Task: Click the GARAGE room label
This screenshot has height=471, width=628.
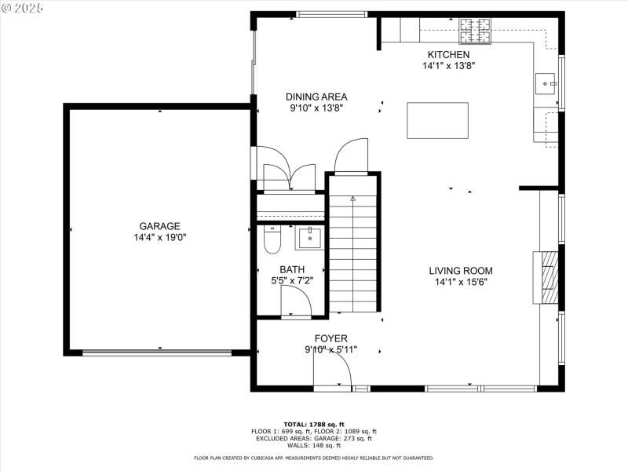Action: coord(160,226)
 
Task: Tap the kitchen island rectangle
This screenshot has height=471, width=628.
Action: coord(437,120)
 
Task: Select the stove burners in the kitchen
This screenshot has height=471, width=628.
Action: coord(476,31)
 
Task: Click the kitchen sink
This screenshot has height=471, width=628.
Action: coord(546,82)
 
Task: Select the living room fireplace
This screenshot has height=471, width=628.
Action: coord(548,276)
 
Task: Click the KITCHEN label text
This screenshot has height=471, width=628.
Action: coord(448,54)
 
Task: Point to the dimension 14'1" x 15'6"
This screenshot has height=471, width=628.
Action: coord(460,283)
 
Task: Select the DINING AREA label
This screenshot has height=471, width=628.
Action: coord(316,97)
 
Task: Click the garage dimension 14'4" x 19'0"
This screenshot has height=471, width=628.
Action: coord(160,237)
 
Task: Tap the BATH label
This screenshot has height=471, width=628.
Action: coord(291,268)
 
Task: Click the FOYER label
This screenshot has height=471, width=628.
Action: coord(330,338)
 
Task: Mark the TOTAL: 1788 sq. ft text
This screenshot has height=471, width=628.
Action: coord(313,424)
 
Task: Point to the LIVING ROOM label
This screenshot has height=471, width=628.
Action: coord(460,271)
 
